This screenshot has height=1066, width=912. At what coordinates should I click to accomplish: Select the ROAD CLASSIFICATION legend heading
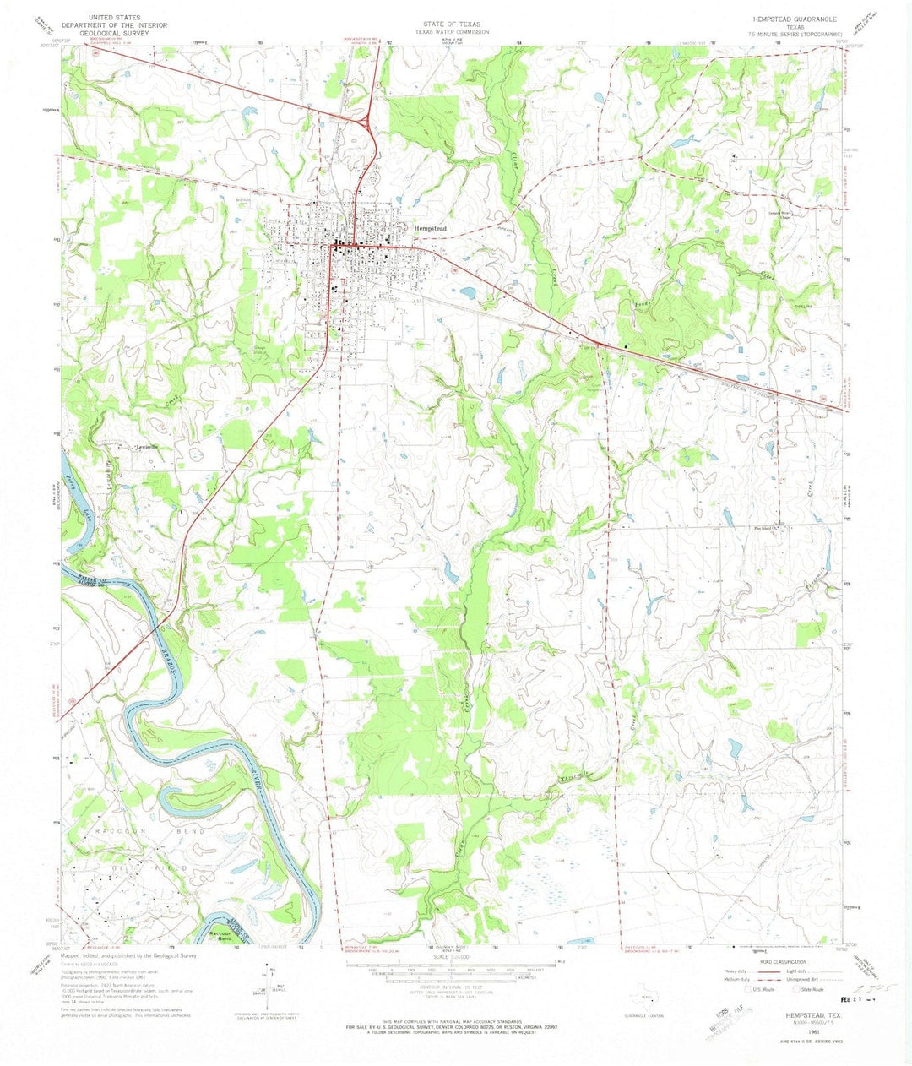point(784,961)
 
